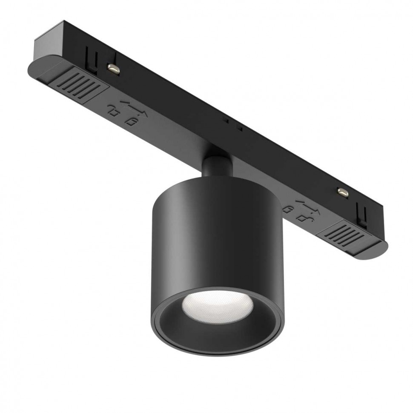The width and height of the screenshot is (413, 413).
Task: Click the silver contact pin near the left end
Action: (x=114, y=67)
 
